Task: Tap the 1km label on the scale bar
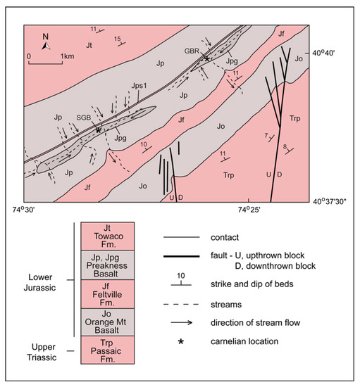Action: point(68,56)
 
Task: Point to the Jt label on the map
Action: point(89,45)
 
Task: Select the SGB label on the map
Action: point(84,118)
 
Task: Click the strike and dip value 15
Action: point(118,39)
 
